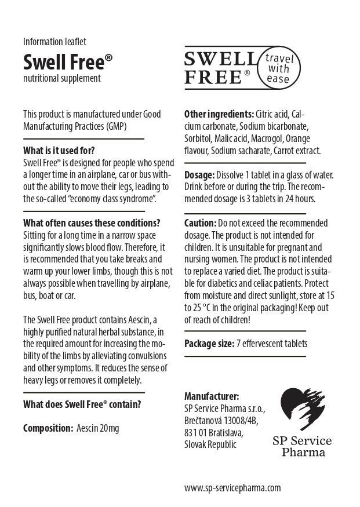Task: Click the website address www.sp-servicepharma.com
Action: (x=232, y=488)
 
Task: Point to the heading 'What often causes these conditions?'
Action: (x=92, y=223)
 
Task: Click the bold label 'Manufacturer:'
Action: (x=211, y=396)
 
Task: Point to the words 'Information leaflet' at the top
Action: (x=54, y=41)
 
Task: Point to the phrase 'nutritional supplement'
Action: (x=62, y=78)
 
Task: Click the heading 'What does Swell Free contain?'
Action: (x=82, y=404)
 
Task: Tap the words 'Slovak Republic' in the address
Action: (x=210, y=444)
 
